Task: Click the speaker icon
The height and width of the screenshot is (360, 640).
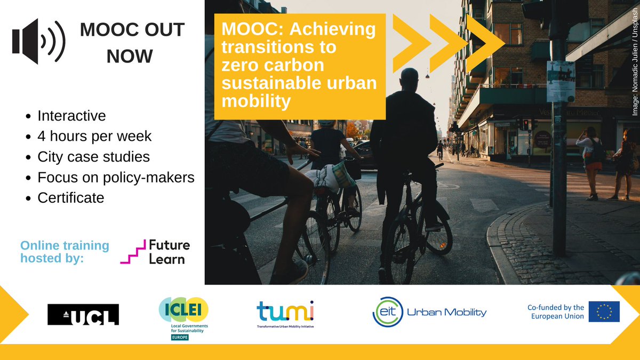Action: tap(38, 41)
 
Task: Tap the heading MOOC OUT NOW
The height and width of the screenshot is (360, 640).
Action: tap(132, 42)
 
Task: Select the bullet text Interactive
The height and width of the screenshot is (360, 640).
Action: tap(71, 116)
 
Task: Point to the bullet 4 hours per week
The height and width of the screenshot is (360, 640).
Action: tap(94, 136)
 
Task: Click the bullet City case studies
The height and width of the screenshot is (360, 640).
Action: tap(93, 157)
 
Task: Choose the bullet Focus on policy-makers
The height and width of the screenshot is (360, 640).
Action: tap(116, 177)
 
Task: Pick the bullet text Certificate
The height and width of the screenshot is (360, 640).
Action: tap(70, 198)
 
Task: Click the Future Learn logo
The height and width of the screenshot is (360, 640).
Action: tap(155, 252)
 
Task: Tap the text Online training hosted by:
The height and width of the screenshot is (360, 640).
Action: tap(65, 252)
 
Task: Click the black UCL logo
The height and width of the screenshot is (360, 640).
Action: tap(83, 314)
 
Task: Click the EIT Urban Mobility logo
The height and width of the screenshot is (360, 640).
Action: tap(429, 312)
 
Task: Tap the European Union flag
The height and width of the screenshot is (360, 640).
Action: tap(604, 311)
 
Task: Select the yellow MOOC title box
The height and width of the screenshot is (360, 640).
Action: tap(300, 66)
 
